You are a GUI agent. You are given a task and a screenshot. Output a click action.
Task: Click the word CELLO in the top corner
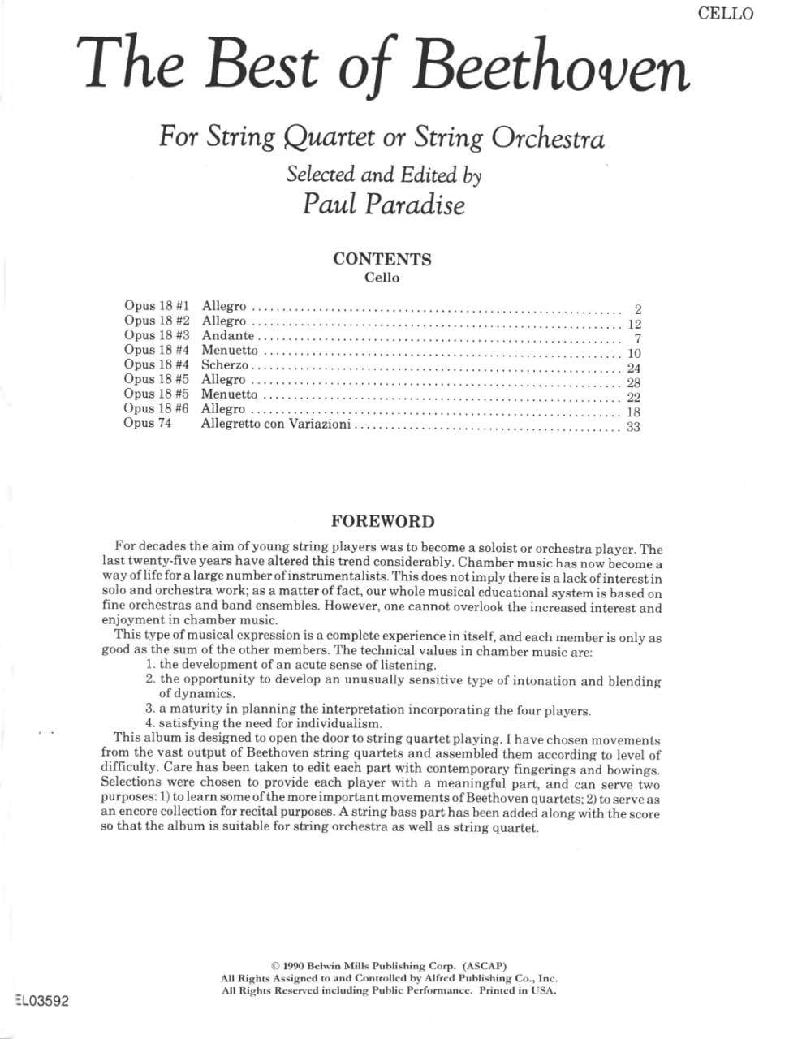[x=725, y=14]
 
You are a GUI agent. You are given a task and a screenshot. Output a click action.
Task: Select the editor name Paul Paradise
[x=383, y=203]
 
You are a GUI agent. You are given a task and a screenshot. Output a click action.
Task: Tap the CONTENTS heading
[x=382, y=259]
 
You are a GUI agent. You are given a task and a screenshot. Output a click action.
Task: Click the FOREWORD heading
[x=382, y=522]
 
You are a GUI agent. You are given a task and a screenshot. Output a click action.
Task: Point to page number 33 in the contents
[x=633, y=427]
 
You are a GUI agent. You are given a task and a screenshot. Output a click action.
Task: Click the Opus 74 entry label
[x=148, y=424]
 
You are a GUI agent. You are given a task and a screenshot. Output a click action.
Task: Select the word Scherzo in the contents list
[x=224, y=365]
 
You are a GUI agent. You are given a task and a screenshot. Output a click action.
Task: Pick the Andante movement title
[x=227, y=335]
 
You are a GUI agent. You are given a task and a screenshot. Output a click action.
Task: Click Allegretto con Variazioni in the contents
[x=276, y=424]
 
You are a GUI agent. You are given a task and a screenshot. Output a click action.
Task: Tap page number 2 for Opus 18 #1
[x=638, y=309]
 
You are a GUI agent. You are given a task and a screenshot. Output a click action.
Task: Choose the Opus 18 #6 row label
[x=156, y=409]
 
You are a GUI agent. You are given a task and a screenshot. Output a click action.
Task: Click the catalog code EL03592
[x=42, y=1001]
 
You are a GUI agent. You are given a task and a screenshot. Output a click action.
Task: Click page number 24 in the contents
[x=633, y=369]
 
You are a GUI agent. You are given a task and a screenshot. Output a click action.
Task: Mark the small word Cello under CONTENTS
[x=382, y=278]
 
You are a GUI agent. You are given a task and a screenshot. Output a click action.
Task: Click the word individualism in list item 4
[x=340, y=724]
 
